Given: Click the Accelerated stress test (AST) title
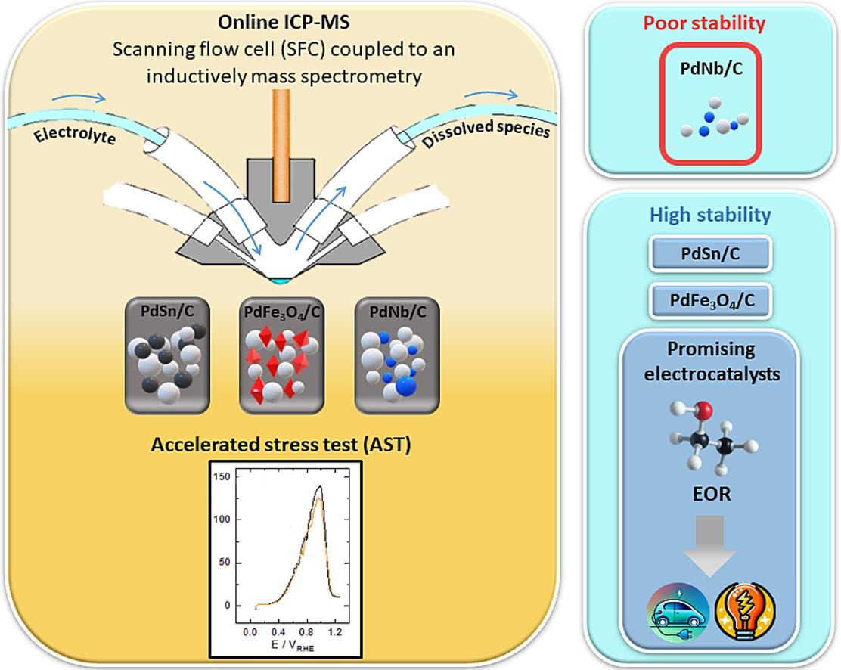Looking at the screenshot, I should click(281, 445).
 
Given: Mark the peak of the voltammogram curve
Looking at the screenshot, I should click(320, 487).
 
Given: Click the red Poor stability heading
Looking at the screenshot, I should click(704, 23).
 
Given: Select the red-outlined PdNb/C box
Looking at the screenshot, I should click(708, 104).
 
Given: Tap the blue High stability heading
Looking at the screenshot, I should click(710, 216).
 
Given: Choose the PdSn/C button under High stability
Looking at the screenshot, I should click(710, 255).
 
